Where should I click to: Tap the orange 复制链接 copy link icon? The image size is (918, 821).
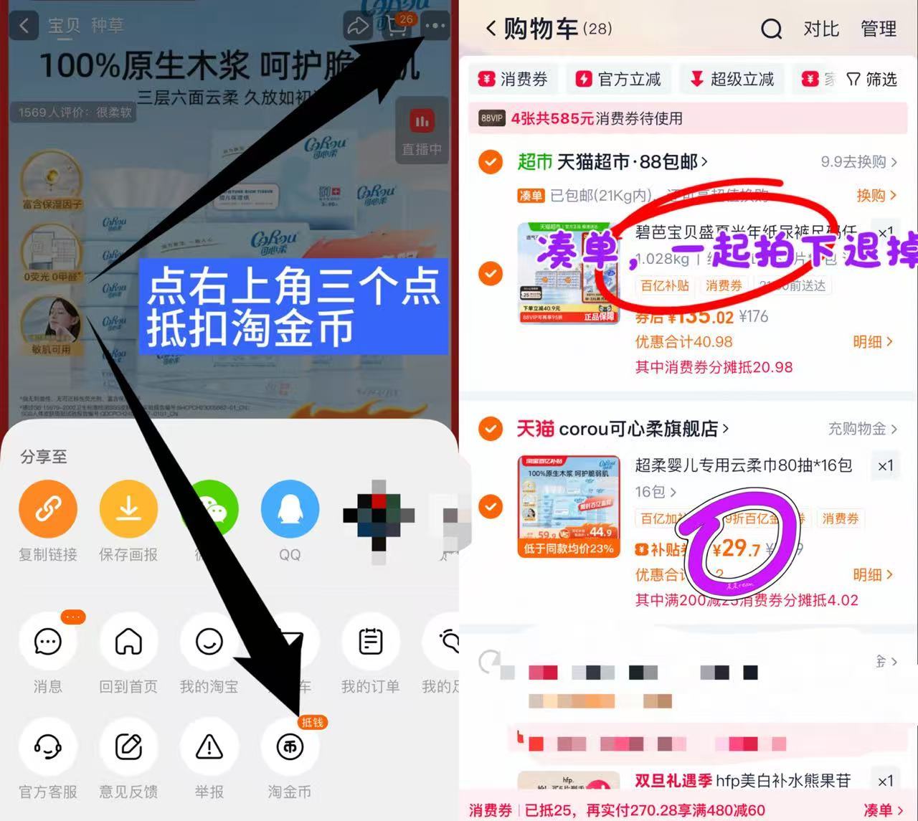pos(48,510)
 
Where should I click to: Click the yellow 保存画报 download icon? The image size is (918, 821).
pos(128,510)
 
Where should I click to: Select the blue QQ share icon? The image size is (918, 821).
pos(290,510)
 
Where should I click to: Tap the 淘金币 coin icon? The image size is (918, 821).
pos(290,747)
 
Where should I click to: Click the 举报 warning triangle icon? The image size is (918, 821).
pos(209,747)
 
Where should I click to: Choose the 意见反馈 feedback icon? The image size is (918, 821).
pos(128,747)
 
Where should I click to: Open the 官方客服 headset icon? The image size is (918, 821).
pos(48,747)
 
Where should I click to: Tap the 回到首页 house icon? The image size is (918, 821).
pos(128,642)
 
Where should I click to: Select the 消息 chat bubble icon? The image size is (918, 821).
pos(48,642)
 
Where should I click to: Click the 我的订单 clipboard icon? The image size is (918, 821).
pos(370,642)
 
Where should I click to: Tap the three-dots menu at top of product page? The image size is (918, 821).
pos(435,26)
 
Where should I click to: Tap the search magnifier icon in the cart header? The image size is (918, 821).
pos(771,29)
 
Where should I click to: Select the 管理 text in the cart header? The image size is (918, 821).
pos(879,29)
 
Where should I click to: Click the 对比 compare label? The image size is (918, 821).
pos(821,29)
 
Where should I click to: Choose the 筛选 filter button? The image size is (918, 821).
pos(872,79)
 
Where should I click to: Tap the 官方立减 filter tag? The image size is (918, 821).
pos(619,79)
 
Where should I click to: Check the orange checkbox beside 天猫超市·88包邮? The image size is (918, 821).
pos(491,162)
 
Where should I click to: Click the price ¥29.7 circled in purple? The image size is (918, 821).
pos(736,549)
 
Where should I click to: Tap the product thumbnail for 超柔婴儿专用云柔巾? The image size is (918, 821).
pos(569,506)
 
